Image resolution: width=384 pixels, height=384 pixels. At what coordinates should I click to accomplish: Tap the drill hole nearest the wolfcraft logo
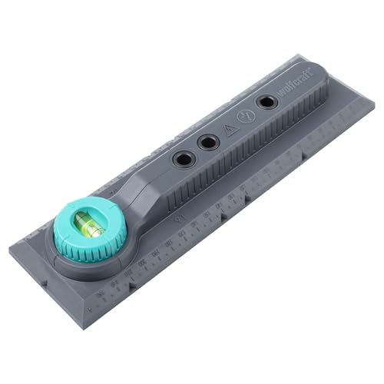tap(266, 101)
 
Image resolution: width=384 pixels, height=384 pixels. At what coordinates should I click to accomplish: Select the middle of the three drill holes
tap(207, 142)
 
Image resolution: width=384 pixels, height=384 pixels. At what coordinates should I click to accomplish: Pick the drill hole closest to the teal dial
tap(182, 159)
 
